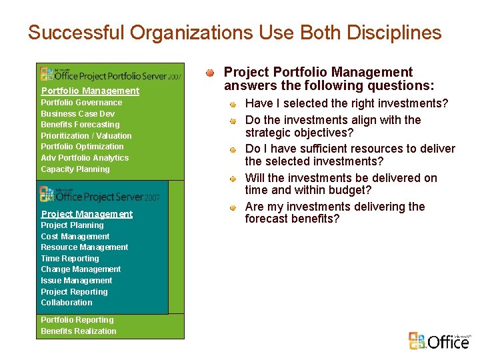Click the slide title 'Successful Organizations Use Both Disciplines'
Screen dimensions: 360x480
(235, 33)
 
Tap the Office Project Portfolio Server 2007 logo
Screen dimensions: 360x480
(110, 75)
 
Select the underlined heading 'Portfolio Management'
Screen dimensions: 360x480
(90, 91)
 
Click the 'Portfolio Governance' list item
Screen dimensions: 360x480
(81, 103)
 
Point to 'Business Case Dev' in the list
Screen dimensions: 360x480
(77, 114)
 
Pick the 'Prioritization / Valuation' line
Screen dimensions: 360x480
(86, 136)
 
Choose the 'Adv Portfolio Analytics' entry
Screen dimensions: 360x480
(85, 158)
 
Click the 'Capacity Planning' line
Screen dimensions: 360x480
(75, 169)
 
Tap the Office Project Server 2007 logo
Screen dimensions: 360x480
(99, 195)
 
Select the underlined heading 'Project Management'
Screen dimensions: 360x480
(87, 214)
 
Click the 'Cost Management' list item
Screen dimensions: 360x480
(75, 237)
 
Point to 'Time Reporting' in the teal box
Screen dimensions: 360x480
(69, 259)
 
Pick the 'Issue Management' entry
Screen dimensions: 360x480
(76, 281)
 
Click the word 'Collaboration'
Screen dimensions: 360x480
(66, 303)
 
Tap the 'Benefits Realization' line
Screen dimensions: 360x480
(78, 331)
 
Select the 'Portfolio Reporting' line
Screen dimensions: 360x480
(77, 320)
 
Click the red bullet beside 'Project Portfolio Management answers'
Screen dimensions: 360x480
(210, 72)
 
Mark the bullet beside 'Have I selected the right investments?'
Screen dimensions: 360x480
(233, 104)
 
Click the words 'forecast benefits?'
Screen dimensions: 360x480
(292, 219)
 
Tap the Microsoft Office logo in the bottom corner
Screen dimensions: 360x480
(439, 341)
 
